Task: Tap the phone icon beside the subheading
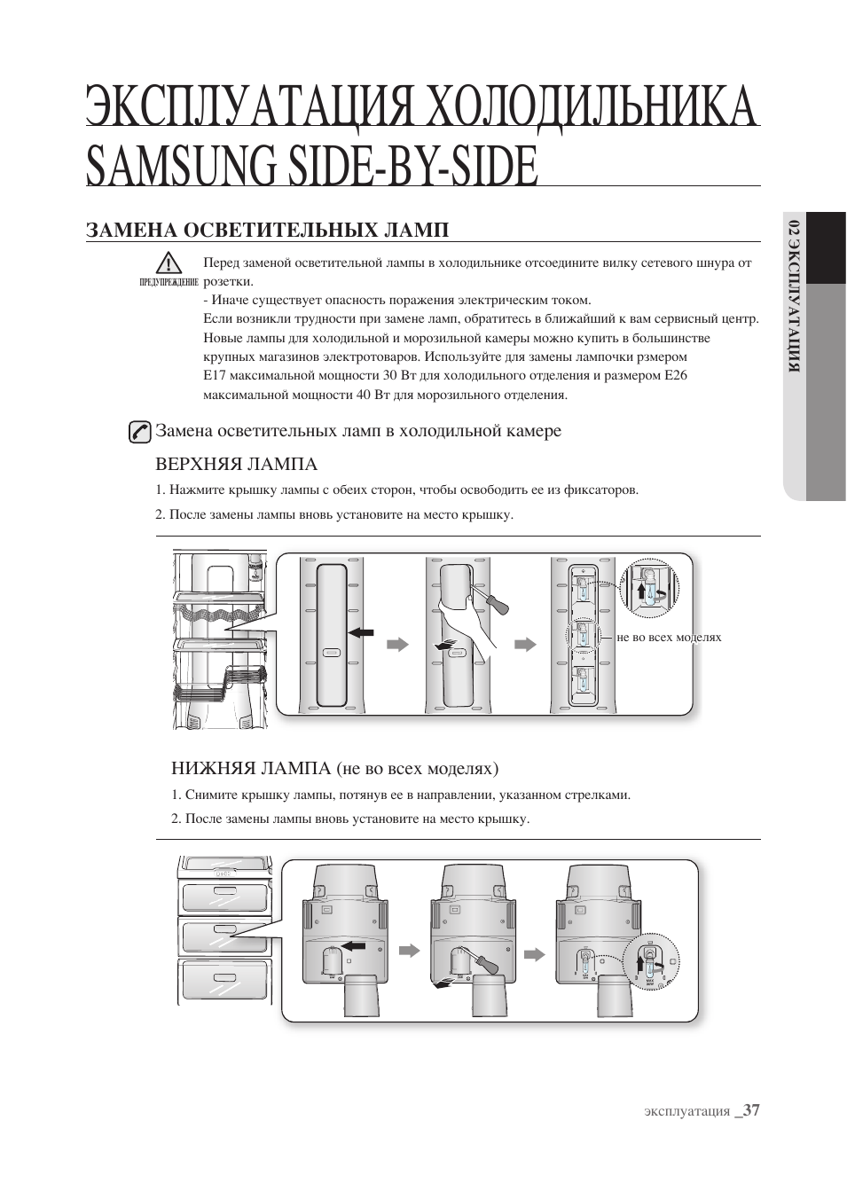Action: pyautogui.click(x=139, y=432)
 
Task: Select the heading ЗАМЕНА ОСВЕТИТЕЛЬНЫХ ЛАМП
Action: pyautogui.click(x=267, y=230)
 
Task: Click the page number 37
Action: pyautogui.click(x=752, y=1110)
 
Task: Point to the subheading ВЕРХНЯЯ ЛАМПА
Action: pyautogui.click(x=236, y=464)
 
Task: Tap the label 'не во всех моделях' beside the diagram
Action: pyautogui.click(x=669, y=637)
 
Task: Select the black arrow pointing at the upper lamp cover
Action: pyautogui.click(x=361, y=632)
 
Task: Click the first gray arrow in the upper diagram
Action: pyautogui.click(x=398, y=645)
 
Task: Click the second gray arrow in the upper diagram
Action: pyautogui.click(x=527, y=645)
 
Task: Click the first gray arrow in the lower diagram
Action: pyautogui.click(x=409, y=951)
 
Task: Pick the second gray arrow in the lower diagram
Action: pyautogui.click(x=534, y=954)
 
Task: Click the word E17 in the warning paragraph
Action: pyautogui.click(x=215, y=375)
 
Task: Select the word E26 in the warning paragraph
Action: pyautogui.click(x=676, y=375)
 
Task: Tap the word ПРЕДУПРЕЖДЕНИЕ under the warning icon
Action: pyautogui.click(x=169, y=283)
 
